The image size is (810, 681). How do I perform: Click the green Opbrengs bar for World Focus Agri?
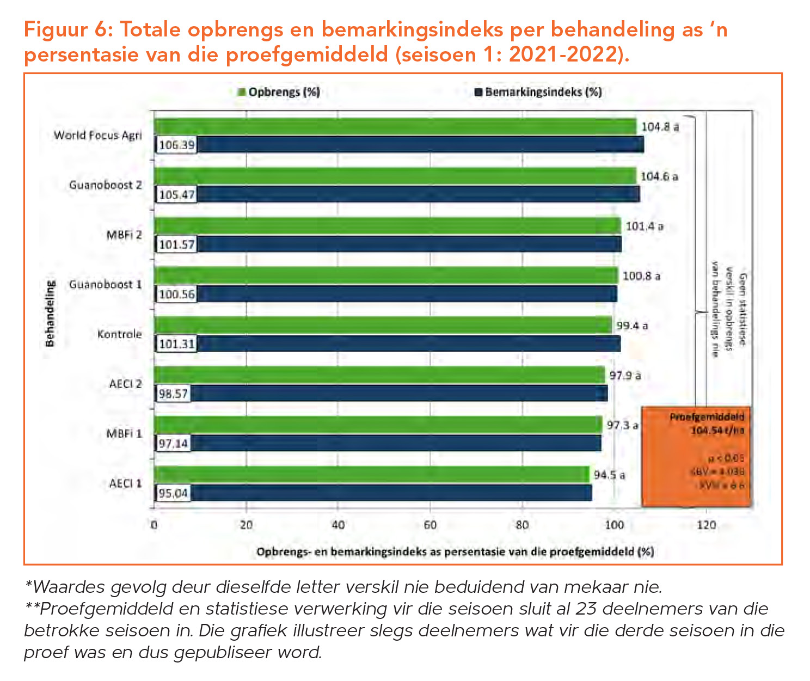point(395,126)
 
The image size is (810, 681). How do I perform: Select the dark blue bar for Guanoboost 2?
point(416,194)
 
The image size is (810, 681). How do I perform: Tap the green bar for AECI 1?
point(371,474)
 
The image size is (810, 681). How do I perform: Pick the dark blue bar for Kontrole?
point(408,344)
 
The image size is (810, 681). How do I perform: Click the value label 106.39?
point(176,145)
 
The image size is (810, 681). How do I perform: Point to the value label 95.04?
point(173,494)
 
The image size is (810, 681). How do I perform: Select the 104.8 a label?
point(660,127)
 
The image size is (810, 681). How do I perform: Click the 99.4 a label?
point(631,326)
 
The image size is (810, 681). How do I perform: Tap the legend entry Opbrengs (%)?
point(279,92)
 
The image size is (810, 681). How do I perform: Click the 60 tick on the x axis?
point(430,525)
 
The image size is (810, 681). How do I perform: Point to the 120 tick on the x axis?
point(707,525)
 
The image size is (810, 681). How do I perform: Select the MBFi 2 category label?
point(124,235)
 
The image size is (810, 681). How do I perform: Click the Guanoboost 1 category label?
point(105,285)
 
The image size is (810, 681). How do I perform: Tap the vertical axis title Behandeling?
point(50,314)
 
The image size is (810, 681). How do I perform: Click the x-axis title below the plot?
point(455,551)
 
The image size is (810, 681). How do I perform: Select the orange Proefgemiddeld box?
point(696,456)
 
